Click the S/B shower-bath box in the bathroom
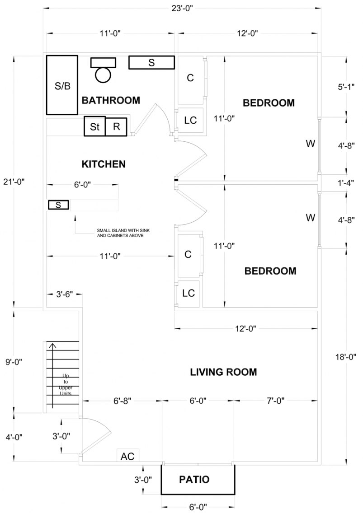(62, 85)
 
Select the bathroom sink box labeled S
(151, 63)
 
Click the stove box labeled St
(94, 126)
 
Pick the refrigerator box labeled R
(116, 126)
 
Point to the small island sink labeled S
(58, 205)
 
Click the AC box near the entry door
(127, 456)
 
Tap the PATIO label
(194, 480)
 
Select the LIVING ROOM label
(223, 372)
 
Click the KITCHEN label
(103, 163)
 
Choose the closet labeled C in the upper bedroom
(190, 78)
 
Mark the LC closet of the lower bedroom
(188, 293)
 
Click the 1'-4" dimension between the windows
(346, 182)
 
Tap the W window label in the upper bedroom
(310, 144)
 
